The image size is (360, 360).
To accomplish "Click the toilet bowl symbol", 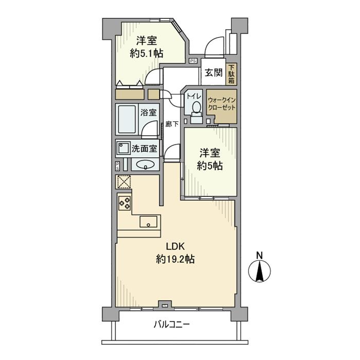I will [x=195, y=108].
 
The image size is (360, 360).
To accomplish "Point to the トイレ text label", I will [x=194, y=95].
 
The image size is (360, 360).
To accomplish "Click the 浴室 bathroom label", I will [x=150, y=113].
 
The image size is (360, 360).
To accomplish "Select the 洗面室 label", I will [x=146, y=149].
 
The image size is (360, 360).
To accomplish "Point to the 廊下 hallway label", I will [x=172, y=124].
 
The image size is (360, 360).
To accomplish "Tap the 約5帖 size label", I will [x=211, y=166].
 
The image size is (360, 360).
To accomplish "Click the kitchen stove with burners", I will [x=124, y=203].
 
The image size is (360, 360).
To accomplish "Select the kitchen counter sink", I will [x=149, y=223].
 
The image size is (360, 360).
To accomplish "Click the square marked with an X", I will [x=123, y=182].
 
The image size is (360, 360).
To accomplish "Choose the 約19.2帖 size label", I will [x=175, y=260].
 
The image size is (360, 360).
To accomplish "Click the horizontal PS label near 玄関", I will [x=192, y=61].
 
